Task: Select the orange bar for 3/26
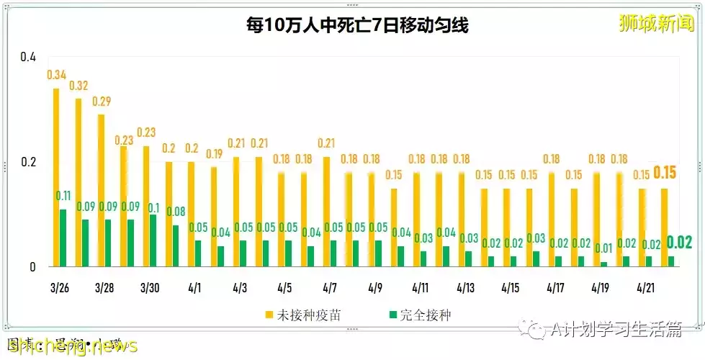click(55, 177)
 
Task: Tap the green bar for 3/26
click(63, 238)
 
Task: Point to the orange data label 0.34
click(58, 74)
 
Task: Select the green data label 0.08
click(176, 212)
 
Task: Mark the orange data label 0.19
click(214, 153)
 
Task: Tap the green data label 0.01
click(603, 248)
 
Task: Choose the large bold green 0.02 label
click(679, 243)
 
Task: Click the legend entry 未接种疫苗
click(296, 315)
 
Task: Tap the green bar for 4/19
click(603, 264)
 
